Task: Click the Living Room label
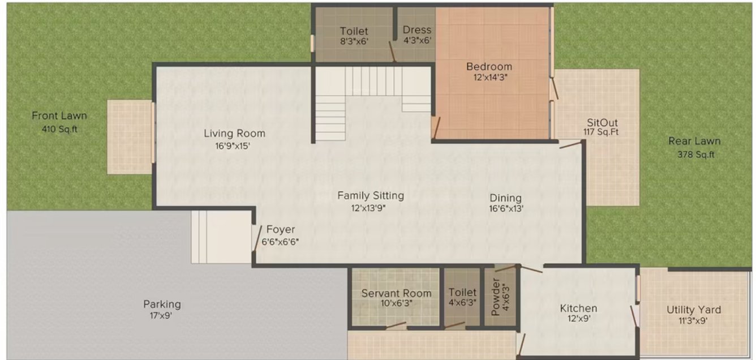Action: pos(234,134)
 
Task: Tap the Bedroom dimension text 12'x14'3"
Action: pos(489,78)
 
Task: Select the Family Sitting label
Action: pos(371,196)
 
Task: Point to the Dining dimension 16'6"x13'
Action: pos(505,209)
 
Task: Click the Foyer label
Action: pos(281,230)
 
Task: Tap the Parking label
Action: pos(162,305)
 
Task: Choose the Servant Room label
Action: pos(396,293)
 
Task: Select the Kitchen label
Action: pos(578,308)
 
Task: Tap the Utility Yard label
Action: pos(693,310)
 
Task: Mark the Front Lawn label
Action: pos(59,116)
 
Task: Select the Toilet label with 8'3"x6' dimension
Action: pos(354,31)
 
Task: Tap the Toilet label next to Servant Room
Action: pos(462,293)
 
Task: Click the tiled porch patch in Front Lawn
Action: pos(130,138)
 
